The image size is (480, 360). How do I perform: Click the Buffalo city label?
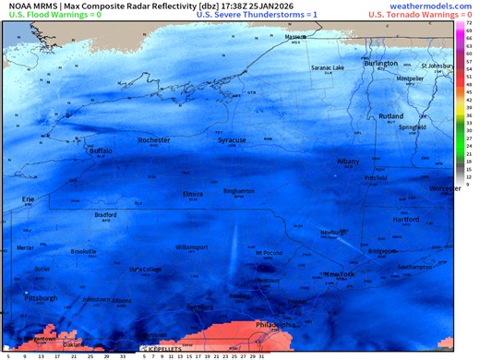(x=99, y=150)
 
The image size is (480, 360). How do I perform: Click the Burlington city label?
(x=380, y=64)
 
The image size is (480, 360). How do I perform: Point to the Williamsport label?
(x=192, y=247)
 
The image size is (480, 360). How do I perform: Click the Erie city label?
(x=29, y=198)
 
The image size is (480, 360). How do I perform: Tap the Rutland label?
(x=391, y=116)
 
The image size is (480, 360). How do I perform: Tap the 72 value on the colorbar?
(x=470, y=20)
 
